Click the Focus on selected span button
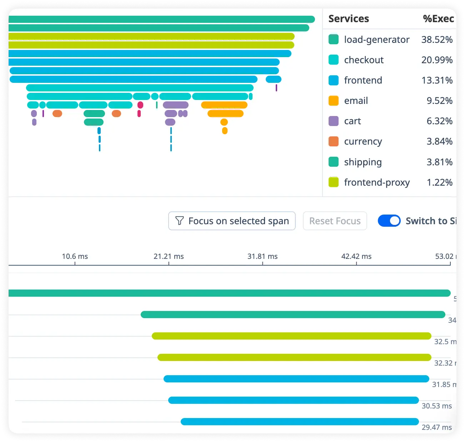tap(232, 221)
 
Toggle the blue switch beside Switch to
tap(389, 221)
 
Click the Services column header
tap(349, 19)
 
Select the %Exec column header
tap(438, 19)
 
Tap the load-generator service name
tap(376, 40)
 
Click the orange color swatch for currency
tap(333, 141)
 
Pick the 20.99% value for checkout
tap(437, 60)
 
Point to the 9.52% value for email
tap(439, 101)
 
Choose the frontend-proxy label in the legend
tap(377, 182)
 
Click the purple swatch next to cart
tap(333, 121)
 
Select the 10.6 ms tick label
tap(75, 256)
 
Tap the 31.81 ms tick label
tap(262, 256)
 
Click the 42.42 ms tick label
tap(356, 256)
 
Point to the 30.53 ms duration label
tap(436, 406)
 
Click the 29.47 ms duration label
tap(436, 427)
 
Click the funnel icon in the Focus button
tap(180, 221)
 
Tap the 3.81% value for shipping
tap(439, 162)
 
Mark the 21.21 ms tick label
tap(169, 256)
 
